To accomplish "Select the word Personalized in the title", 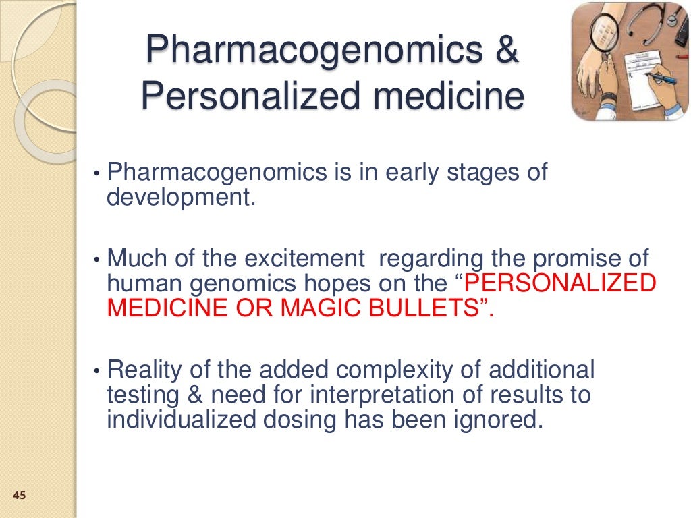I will point(241,96).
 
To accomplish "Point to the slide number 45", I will point(19,496).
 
